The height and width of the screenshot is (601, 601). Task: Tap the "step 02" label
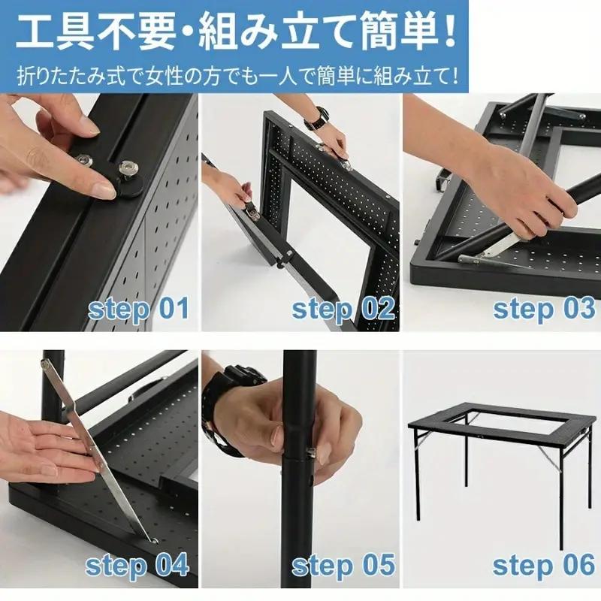pos(343,309)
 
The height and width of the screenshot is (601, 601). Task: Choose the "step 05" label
pos(343,565)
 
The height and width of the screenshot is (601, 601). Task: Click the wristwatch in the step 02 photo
pos(317,119)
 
